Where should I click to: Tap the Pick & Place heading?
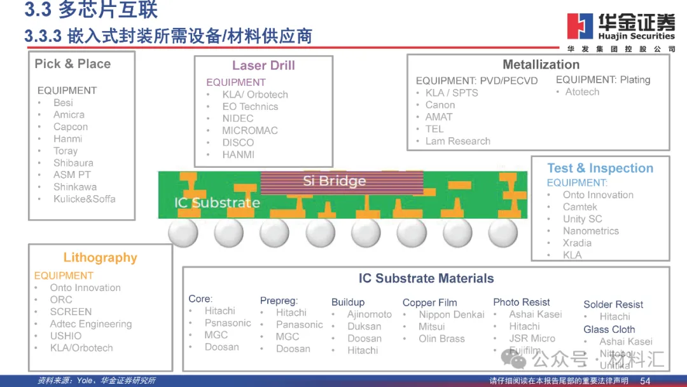[73, 64]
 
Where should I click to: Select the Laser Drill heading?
[263, 65]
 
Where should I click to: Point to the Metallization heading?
[541, 65]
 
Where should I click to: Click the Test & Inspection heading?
[600, 168]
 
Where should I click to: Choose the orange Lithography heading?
[100, 258]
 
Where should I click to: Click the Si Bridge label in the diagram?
[334, 181]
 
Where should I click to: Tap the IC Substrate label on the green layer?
[217, 203]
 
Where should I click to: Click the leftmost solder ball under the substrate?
[183, 233]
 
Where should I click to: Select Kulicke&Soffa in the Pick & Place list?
[85, 199]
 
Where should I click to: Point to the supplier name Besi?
[63, 103]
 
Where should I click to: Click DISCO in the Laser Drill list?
[238, 142]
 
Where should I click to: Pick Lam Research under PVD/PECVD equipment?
[458, 141]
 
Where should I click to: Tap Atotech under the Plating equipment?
[582, 92]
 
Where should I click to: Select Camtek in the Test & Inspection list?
[580, 207]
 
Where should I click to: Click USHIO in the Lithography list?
[66, 336]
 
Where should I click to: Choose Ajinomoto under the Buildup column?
[370, 315]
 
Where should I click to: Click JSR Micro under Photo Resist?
[532, 339]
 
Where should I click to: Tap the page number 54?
[645, 381]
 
